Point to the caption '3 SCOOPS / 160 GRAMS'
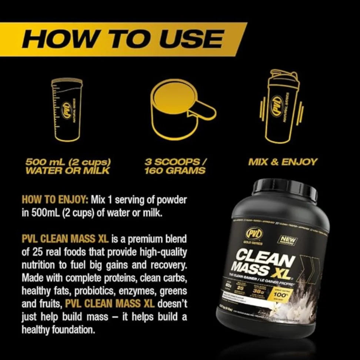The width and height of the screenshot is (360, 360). (x=176, y=166)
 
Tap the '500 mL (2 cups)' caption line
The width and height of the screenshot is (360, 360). (x=68, y=162)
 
